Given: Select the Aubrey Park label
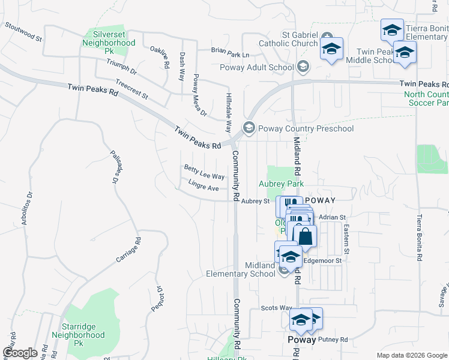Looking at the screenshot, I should [x=281, y=184].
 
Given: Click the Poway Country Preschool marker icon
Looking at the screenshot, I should [x=248, y=128].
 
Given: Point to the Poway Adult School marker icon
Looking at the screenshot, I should [x=303, y=67].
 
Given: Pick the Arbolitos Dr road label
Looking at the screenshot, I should [x=26, y=203].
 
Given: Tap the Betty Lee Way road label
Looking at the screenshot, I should [x=204, y=173].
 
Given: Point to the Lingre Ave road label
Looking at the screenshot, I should [x=203, y=186].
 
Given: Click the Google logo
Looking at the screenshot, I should [x=19, y=353].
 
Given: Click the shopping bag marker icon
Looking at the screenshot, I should [x=305, y=236].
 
